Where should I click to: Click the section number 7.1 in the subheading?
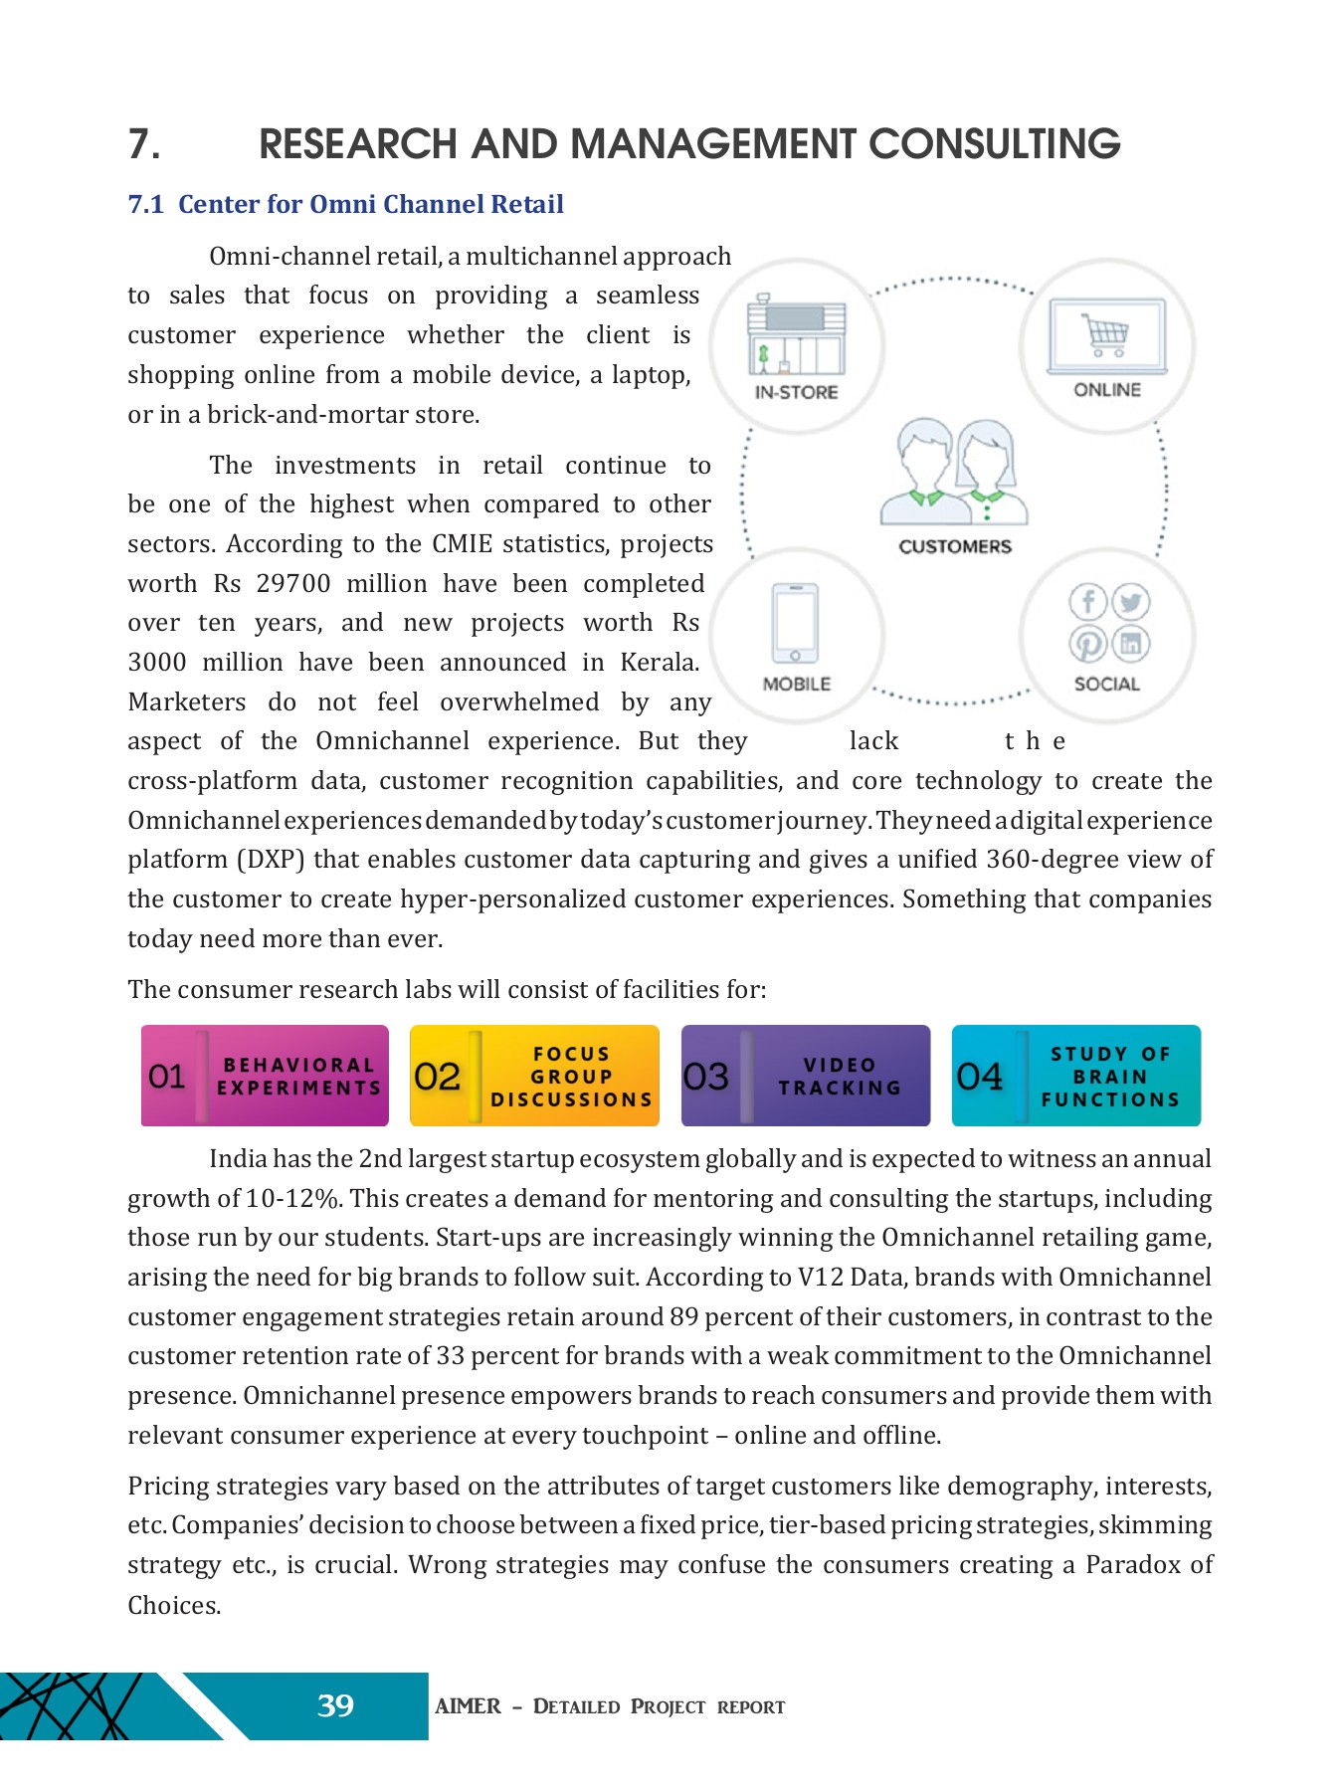[145, 204]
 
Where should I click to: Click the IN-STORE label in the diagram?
[796, 392]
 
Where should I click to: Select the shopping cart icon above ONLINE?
[1105, 334]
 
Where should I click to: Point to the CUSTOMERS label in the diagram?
[954, 546]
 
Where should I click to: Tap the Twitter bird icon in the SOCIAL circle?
[1130, 602]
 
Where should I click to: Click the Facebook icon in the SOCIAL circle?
[1088, 602]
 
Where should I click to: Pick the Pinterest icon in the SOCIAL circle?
[1088, 644]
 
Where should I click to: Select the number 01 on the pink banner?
[167, 1076]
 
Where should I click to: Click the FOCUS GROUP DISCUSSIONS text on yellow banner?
[571, 1077]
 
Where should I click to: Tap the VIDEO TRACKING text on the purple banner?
[840, 1077]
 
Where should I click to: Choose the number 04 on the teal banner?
[979, 1076]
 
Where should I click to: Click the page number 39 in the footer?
[335, 1705]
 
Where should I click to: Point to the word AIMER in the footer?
[468, 1705]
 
